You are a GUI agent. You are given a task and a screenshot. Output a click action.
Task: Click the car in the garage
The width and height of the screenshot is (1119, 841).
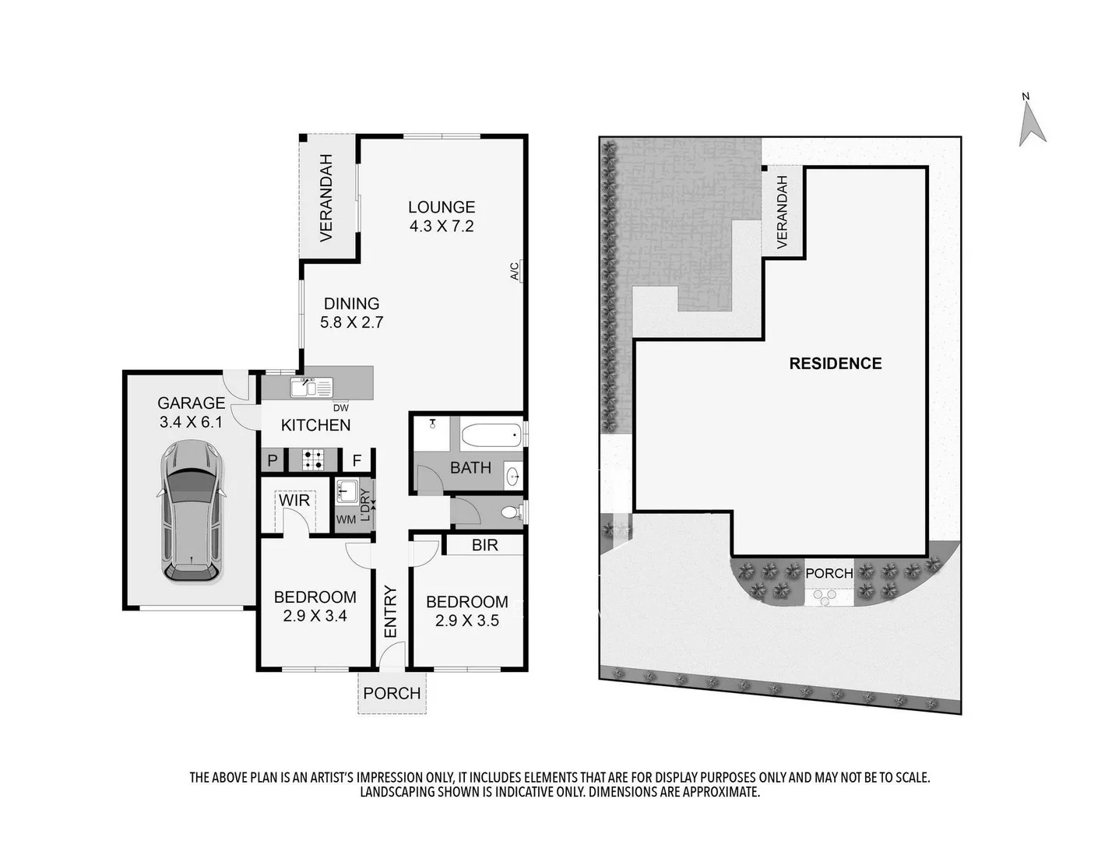[x=192, y=512]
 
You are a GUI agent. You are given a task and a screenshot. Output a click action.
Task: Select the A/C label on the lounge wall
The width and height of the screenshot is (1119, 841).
[x=515, y=271]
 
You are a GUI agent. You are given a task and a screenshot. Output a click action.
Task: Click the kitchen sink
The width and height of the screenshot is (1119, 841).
[x=311, y=387]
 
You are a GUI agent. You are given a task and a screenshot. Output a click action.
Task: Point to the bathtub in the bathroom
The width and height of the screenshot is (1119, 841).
[x=491, y=435]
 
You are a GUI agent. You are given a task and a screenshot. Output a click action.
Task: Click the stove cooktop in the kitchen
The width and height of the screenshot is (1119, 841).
[x=313, y=459]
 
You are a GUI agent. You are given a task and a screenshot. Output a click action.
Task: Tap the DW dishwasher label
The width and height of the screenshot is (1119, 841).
[x=341, y=408]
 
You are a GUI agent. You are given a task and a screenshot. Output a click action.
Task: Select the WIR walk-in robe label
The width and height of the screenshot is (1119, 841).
[x=294, y=500]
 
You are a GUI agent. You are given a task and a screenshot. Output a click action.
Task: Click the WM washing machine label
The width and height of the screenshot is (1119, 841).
[x=346, y=519]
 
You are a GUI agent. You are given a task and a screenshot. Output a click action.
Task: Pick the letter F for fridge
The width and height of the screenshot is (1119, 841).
[x=357, y=460]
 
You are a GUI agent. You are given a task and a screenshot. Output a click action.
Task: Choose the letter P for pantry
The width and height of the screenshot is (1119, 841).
[x=273, y=460]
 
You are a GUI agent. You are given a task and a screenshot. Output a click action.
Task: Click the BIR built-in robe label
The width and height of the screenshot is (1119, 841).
[x=484, y=545]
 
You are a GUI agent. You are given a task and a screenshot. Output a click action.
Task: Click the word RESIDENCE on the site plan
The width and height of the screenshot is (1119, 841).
[x=835, y=364]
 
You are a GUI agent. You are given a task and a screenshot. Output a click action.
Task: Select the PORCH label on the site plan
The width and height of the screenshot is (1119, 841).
[x=829, y=573]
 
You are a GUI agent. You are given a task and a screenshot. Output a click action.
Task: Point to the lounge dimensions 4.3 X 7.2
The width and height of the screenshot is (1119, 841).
[x=442, y=227]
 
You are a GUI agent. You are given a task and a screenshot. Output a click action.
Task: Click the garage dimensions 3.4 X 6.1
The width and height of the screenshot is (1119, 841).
[x=191, y=422]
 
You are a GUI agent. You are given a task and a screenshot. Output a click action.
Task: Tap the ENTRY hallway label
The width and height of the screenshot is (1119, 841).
[x=390, y=611]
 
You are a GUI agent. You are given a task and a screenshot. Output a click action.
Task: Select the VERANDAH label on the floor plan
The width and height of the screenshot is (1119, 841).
[x=326, y=198]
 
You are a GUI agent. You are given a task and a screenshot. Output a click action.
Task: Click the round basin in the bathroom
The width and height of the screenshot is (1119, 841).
[x=512, y=475]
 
